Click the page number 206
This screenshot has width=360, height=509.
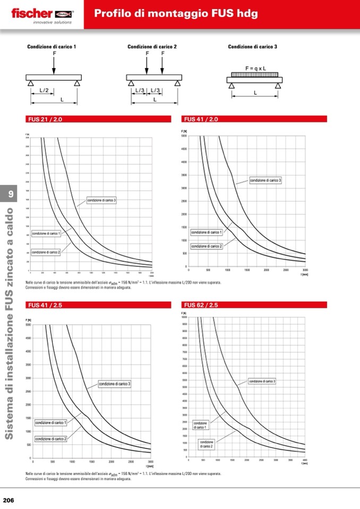pyautogui.click(x=8, y=500)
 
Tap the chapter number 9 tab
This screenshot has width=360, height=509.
pyautogui.click(x=10, y=194)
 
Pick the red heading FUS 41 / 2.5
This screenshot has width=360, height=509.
pyautogui.click(x=44, y=305)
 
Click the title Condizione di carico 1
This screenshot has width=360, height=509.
pyautogui.click(x=52, y=47)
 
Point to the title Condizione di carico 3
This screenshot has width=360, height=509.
pyautogui.click(x=253, y=47)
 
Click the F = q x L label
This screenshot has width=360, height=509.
pyautogui.click(x=255, y=68)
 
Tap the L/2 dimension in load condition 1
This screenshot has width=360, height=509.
pyautogui.click(x=44, y=91)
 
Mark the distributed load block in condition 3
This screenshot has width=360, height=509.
pyautogui.click(x=255, y=74)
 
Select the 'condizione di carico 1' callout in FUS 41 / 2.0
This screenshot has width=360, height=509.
pyautogui.click(x=207, y=232)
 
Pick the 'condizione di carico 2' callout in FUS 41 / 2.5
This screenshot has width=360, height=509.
pyautogui.click(x=50, y=439)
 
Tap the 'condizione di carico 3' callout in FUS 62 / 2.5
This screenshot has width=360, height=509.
pyautogui.click(x=262, y=381)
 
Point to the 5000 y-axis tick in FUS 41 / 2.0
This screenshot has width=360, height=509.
pyautogui.click(x=184, y=136)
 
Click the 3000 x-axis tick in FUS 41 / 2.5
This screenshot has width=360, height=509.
pyautogui.click(x=150, y=462)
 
